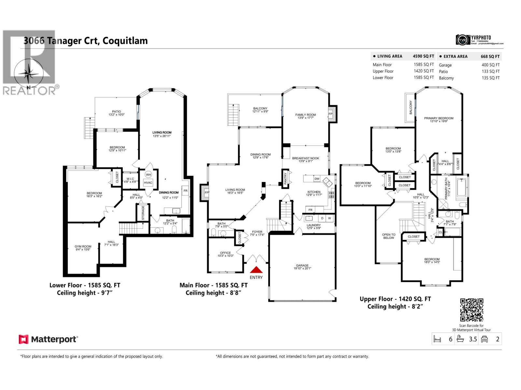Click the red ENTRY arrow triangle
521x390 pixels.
pyautogui.click(x=256, y=270)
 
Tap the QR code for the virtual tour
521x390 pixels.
pyautogui.click(x=472, y=310)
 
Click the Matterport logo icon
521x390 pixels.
pyautogui.click(x=23, y=339)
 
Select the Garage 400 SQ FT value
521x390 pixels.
pyautogui.click(x=490, y=65)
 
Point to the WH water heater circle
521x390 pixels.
pyautogui.click(x=148, y=175)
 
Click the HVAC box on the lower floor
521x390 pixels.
pyautogui.click(x=148, y=183)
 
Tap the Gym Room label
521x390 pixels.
pyautogui.click(x=83, y=247)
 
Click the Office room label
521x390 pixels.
pyautogui.click(x=225, y=253)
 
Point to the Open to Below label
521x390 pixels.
pyautogui.click(x=388, y=236)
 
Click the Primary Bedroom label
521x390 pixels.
pyautogui.click(x=439, y=118)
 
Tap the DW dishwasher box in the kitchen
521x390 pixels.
pyautogui.click(x=317, y=179)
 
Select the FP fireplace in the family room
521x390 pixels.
pyautogui.click(x=331, y=114)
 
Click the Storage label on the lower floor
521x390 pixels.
pyautogui.click(x=143, y=213)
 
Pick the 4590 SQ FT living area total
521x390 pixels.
pyautogui.click(x=423, y=56)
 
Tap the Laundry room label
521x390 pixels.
pyautogui.click(x=314, y=225)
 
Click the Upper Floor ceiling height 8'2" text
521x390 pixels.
pyautogui.click(x=395, y=306)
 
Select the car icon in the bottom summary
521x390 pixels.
pyautogui.click(x=485, y=339)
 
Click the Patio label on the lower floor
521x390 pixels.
pyautogui.click(x=116, y=111)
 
